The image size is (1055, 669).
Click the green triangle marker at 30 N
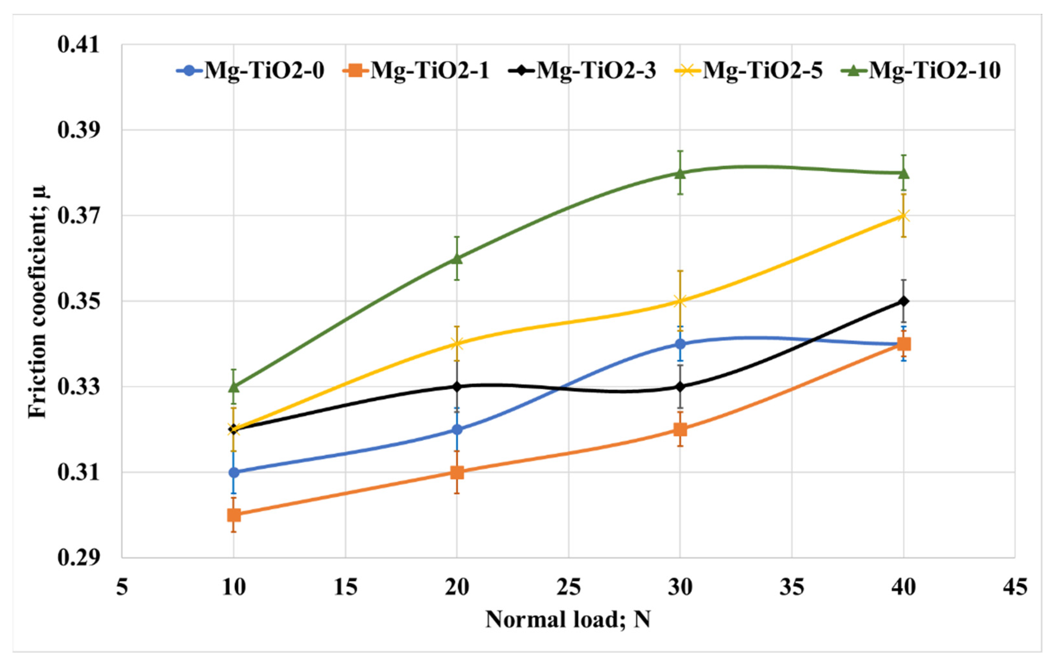point(680,172)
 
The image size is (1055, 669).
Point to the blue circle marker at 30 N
point(680,344)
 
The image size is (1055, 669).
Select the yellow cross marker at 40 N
point(904,216)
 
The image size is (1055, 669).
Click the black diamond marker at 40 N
point(904,301)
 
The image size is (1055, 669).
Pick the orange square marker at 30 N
point(680,429)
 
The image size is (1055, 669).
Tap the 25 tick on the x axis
point(569,587)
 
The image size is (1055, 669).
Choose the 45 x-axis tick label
point(1015,587)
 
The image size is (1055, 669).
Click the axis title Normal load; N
point(568,619)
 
